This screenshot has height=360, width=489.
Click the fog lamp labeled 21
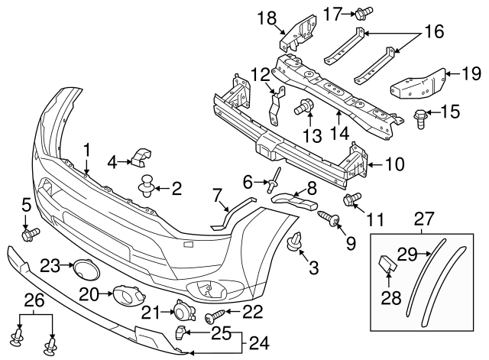click(183, 312)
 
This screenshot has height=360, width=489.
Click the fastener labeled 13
click(305, 108)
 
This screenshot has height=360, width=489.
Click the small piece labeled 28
click(387, 265)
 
